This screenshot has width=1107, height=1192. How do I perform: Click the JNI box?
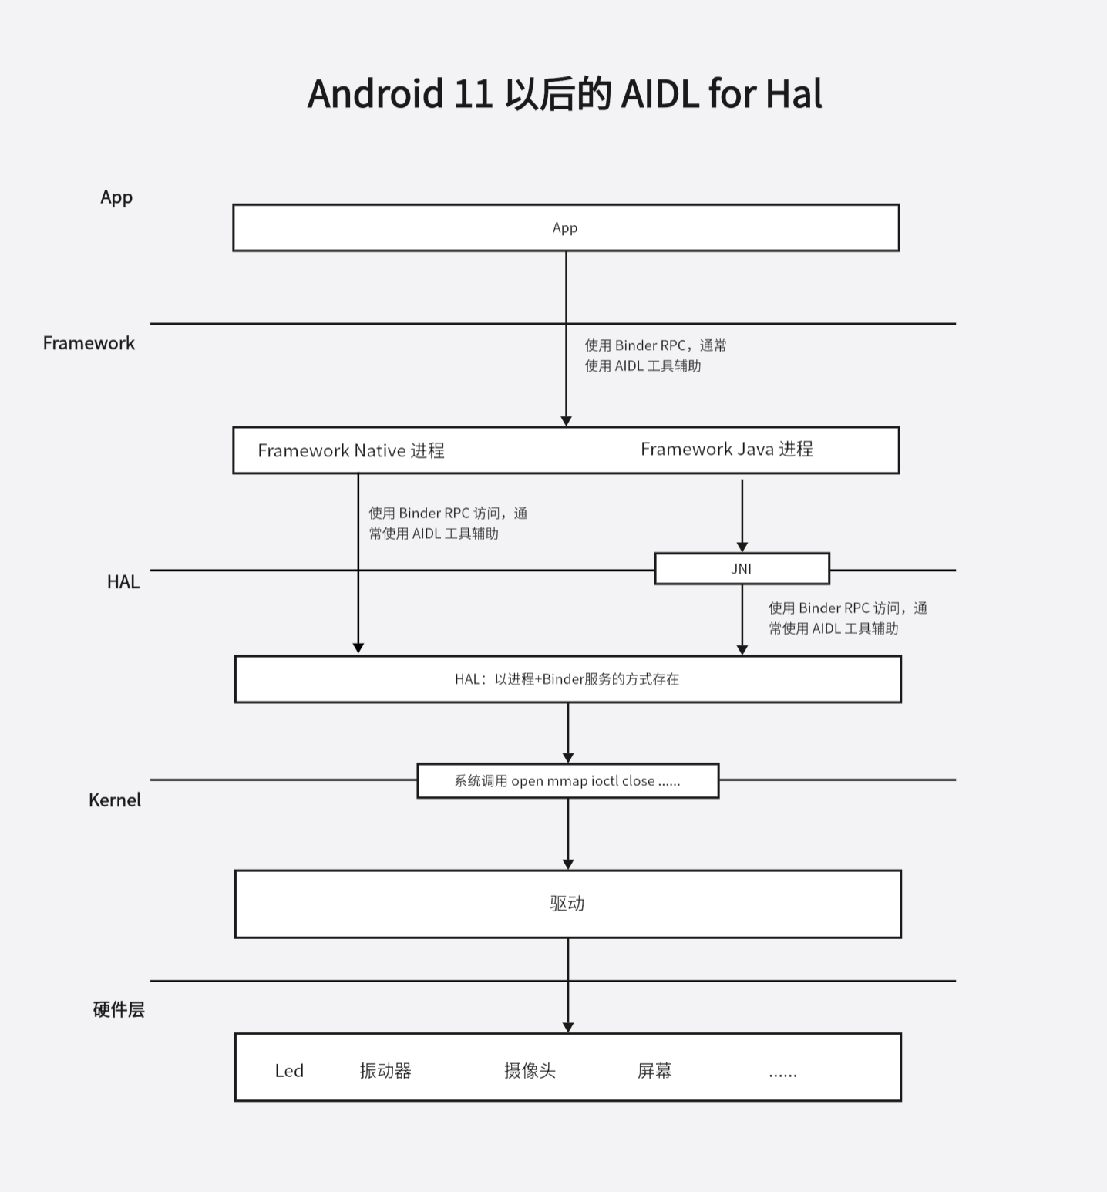click(741, 569)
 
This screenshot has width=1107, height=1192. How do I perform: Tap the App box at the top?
click(565, 227)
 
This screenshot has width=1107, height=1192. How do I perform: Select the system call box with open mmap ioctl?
click(567, 780)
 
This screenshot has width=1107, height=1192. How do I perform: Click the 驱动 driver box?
click(567, 904)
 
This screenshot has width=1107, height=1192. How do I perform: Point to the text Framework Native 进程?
click(351, 450)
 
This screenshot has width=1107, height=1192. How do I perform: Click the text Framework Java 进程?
click(726, 449)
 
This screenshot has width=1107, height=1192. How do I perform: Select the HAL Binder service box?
click(567, 679)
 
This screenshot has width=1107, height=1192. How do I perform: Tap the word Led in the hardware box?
click(289, 1070)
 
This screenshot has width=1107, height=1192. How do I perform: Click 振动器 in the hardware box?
click(385, 1070)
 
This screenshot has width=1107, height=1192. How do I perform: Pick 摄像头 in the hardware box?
click(530, 1070)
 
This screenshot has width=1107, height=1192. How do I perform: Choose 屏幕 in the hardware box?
click(654, 1070)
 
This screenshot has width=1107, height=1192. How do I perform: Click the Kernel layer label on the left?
click(115, 800)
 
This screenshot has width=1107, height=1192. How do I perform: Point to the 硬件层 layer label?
click(119, 1009)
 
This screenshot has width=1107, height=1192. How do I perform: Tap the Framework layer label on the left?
click(89, 343)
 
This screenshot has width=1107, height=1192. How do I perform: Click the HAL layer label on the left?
click(123, 581)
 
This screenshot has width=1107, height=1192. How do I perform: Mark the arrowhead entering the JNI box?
click(742, 547)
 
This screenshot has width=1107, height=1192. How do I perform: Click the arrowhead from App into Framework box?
click(566, 421)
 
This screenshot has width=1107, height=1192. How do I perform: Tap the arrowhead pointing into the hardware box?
click(568, 1027)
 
